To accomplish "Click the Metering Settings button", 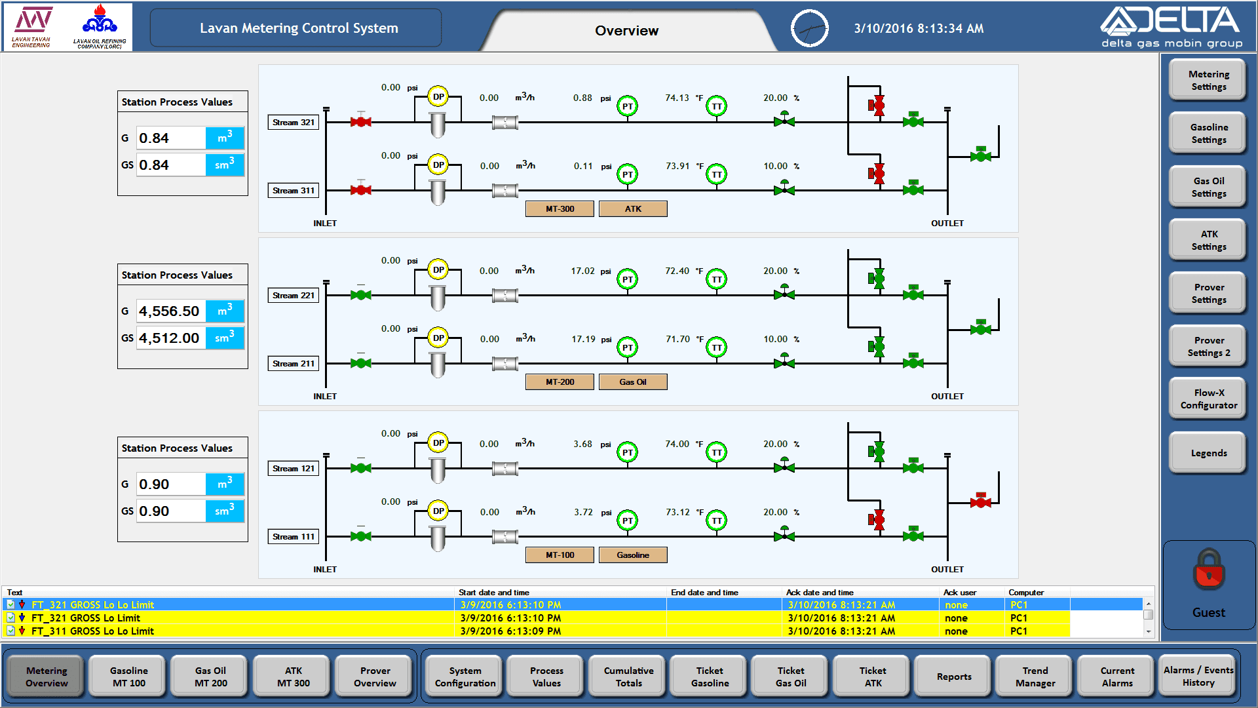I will (x=1208, y=81).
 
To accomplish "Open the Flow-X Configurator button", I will (x=1208, y=399).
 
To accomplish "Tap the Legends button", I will (x=1208, y=453).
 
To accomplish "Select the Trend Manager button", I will (x=1035, y=677).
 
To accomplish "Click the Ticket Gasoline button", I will (x=710, y=677).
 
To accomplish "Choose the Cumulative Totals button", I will (x=628, y=677).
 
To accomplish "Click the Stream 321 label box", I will (x=294, y=123).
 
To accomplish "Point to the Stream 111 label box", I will (x=294, y=537).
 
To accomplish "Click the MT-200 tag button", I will (x=560, y=382).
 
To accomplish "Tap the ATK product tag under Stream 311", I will (x=633, y=209).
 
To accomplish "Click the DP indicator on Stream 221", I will (x=438, y=270).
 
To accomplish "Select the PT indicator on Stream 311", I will (x=628, y=174).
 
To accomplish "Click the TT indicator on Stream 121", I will (x=717, y=452).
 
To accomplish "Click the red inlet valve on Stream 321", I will (x=360, y=122).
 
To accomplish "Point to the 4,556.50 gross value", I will (x=170, y=311).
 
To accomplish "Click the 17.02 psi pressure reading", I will (x=582, y=271).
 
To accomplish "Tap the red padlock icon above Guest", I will (x=1209, y=569).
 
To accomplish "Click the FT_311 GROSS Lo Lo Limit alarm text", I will (x=92, y=631).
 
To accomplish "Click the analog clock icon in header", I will (x=810, y=28).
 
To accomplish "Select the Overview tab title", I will (x=626, y=31).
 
